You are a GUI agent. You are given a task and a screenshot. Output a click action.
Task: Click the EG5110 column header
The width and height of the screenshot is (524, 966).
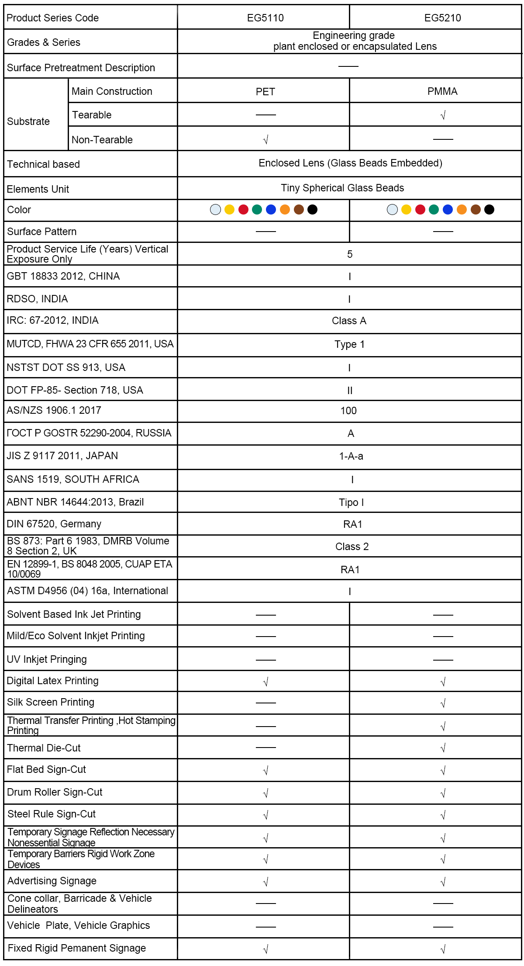265,18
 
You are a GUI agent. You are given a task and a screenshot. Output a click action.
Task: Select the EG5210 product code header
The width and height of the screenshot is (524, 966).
442,18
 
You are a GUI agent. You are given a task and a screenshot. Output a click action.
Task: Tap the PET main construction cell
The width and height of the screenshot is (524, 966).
265,92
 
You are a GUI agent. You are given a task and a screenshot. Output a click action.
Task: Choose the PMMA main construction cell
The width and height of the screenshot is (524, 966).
442,91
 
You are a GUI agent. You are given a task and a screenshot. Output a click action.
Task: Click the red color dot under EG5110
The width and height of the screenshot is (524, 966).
243,210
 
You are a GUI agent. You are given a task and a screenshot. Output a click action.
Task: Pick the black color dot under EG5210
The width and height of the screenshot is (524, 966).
490,210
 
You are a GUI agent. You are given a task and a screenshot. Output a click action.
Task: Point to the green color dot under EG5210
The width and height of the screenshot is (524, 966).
434,210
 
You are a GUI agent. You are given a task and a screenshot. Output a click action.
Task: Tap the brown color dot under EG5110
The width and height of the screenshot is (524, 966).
299,210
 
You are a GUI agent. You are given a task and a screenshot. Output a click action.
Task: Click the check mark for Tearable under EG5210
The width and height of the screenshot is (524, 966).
443,115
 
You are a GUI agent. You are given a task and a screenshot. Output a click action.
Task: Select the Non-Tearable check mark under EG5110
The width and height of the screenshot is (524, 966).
265,140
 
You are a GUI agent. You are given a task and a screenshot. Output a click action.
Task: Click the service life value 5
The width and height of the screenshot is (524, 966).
349,254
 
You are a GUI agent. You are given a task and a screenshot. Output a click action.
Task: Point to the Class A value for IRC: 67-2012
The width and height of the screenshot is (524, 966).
349,321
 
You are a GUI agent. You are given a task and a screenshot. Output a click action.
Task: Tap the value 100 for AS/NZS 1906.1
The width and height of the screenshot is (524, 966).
348,411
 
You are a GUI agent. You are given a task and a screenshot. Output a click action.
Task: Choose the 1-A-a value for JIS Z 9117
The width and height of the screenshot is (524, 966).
351,456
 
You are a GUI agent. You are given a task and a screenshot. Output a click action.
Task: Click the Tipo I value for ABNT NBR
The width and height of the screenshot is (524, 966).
351,502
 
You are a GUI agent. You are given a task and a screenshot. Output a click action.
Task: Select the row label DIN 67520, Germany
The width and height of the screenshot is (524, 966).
54,524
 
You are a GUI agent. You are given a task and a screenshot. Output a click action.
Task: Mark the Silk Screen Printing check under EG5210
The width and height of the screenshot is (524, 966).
443,703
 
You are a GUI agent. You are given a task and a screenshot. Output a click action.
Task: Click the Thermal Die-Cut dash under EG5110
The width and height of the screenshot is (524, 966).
265,748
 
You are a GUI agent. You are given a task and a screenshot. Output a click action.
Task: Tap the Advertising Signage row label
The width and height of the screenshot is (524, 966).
52,881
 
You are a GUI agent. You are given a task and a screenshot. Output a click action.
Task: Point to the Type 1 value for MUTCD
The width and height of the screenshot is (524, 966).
349,344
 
